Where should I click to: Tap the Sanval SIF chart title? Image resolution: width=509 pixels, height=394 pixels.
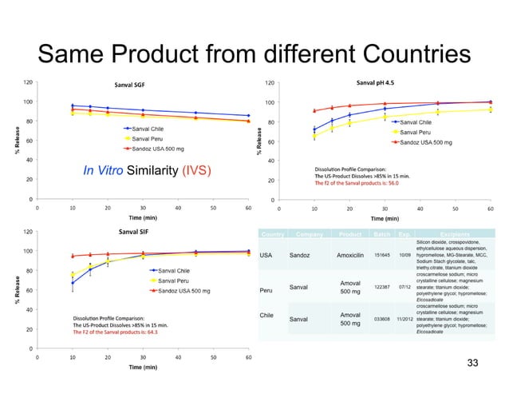pyautogui.click(x=134, y=233)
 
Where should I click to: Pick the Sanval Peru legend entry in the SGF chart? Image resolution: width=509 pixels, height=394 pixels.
pyautogui.click(x=148, y=137)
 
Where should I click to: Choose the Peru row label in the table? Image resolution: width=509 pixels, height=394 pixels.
pyautogui.click(x=269, y=291)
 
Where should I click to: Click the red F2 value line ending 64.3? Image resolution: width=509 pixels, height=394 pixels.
pyautogui.click(x=116, y=332)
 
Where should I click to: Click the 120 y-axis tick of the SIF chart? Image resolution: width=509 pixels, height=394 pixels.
pyautogui.click(x=28, y=233)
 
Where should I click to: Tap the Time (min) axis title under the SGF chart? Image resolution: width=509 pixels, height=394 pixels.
pyautogui.click(x=144, y=217)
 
